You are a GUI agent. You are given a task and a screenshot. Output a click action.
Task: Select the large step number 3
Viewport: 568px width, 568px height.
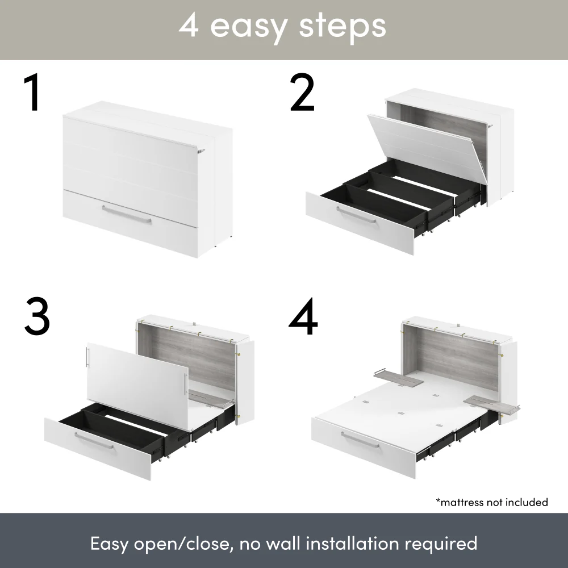click(x=37, y=316)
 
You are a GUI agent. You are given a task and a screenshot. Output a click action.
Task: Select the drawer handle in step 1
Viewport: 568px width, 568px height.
click(x=127, y=215)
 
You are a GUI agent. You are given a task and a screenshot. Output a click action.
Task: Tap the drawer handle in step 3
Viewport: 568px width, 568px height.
click(x=94, y=441)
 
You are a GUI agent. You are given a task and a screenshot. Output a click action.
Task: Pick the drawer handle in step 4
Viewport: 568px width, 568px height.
click(x=360, y=440)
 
